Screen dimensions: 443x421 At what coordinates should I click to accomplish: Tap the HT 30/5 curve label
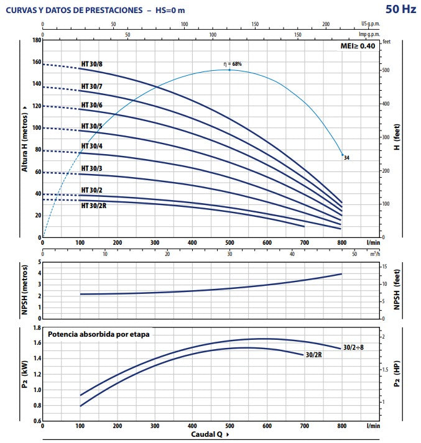pos(91,126)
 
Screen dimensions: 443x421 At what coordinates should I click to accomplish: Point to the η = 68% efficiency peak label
pos(233,64)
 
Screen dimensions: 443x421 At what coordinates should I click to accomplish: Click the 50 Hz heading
pos(400,9)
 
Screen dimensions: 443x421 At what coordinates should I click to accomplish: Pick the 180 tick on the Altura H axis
pos(36,40)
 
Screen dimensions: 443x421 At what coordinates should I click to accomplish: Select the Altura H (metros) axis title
pos(25,139)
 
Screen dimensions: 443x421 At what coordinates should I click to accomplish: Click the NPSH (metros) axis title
pos(25,289)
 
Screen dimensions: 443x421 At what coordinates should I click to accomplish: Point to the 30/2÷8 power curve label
pos(353,347)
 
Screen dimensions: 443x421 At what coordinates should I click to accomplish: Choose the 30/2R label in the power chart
pos(313,355)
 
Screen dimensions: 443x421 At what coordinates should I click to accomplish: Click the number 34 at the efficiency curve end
pos(346,158)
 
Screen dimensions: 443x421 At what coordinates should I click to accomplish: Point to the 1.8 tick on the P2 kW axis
pos(36,327)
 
